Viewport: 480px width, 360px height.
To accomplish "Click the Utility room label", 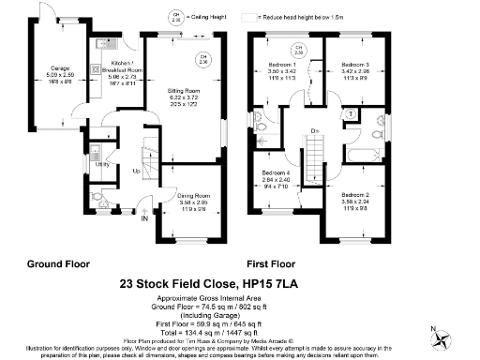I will point(100,162).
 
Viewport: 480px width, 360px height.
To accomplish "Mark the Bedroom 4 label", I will point(277,174).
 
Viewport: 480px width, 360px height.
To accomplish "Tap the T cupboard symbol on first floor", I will point(350,112).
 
